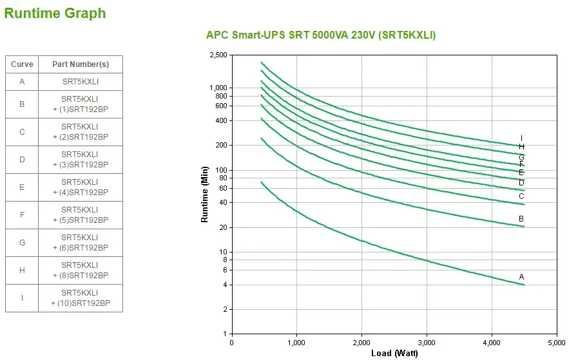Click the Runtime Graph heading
point(55,13)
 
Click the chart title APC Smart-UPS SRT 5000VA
point(320,35)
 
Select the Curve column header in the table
point(22,64)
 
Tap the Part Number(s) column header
point(81,64)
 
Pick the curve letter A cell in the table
point(22,82)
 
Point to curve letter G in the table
point(22,243)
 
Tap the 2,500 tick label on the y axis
point(218,55)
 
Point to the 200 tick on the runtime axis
point(222,146)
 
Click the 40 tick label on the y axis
point(224,203)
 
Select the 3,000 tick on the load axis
point(427,342)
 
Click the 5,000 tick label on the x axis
point(557,342)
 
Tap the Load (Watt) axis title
point(394,353)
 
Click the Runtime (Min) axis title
point(205,194)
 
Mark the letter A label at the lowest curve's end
point(522,277)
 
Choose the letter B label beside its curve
point(521,219)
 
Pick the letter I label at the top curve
point(521,138)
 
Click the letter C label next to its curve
point(521,196)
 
